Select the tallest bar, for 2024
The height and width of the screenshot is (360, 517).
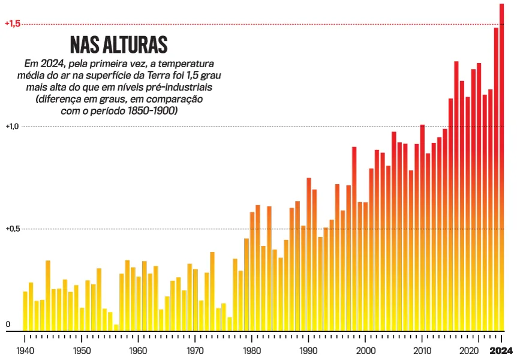click(x=501, y=168)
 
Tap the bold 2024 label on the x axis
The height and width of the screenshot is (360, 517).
click(x=501, y=350)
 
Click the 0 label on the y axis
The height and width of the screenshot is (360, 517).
click(x=8, y=325)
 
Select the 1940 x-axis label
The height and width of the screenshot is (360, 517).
click(x=25, y=350)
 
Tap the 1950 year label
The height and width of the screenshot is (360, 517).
click(x=82, y=350)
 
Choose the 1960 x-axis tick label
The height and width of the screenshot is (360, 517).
click(x=138, y=350)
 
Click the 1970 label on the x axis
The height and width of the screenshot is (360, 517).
click(x=195, y=350)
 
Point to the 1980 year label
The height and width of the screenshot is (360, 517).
click(x=252, y=350)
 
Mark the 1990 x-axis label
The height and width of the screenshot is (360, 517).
click(x=309, y=350)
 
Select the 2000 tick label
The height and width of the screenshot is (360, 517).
click(x=365, y=350)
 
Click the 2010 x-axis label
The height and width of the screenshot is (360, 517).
click(x=422, y=350)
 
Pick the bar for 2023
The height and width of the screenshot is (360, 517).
click(x=496, y=180)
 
